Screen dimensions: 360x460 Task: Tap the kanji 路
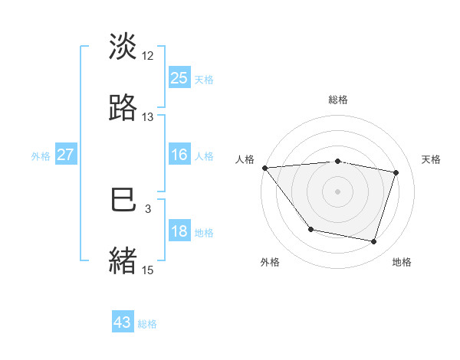pyautogui.click(x=123, y=107)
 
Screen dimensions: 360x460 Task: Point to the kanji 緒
pyautogui.click(x=123, y=260)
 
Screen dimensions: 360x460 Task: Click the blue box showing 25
pyautogui.click(x=179, y=77)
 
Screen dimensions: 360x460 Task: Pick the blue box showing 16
pyautogui.click(x=179, y=155)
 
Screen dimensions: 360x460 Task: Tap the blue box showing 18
pyautogui.click(x=179, y=232)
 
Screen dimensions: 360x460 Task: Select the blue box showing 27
pyautogui.click(x=66, y=155)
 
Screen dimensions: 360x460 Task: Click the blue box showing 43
pyautogui.click(x=123, y=322)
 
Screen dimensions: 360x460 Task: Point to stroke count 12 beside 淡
pyautogui.click(x=148, y=55)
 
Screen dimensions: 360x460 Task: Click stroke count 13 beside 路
pyautogui.click(x=148, y=117)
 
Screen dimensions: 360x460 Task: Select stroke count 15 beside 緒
pyautogui.click(x=148, y=270)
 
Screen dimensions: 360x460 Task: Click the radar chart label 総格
pyautogui.click(x=337, y=100)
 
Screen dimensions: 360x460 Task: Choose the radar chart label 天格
pyautogui.click(x=432, y=159)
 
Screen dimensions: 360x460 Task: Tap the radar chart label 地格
pyautogui.click(x=402, y=262)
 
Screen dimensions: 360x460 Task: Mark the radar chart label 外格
pyautogui.click(x=270, y=262)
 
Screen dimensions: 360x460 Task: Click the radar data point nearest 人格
pyautogui.click(x=264, y=168)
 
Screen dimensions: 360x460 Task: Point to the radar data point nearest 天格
pyautogui.click(x=396, y=172)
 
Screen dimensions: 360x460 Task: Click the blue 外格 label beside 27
pyautogui.click(x=41, y=155)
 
